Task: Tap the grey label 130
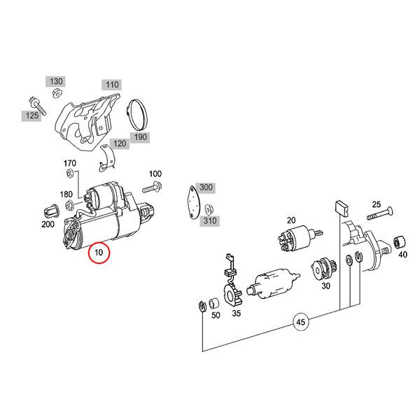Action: (x=56, y=81)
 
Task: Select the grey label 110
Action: (x=111, y=85)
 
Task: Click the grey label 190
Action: (x=140, y=136)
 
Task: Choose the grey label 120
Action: (x=120, y=143)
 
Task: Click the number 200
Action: (x=48, y=224)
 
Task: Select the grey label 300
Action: (x=206, y=187)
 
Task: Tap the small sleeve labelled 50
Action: (x=215, y=303)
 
